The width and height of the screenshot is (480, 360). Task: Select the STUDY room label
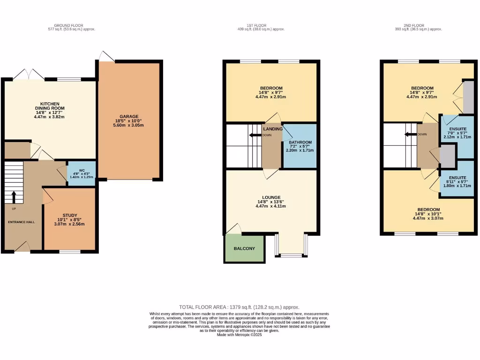(x=70, y=215)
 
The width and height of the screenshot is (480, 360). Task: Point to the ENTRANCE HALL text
(x=21, y=222)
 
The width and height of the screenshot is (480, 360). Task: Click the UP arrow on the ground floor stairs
(x=13, y=195)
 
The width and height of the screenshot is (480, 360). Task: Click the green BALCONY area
(x=244, y=248)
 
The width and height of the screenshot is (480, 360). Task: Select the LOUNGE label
(x=271, y=197)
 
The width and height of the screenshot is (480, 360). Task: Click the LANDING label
(x=273, y=129)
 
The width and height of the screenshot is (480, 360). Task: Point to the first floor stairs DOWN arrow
(x=255, y=135)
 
